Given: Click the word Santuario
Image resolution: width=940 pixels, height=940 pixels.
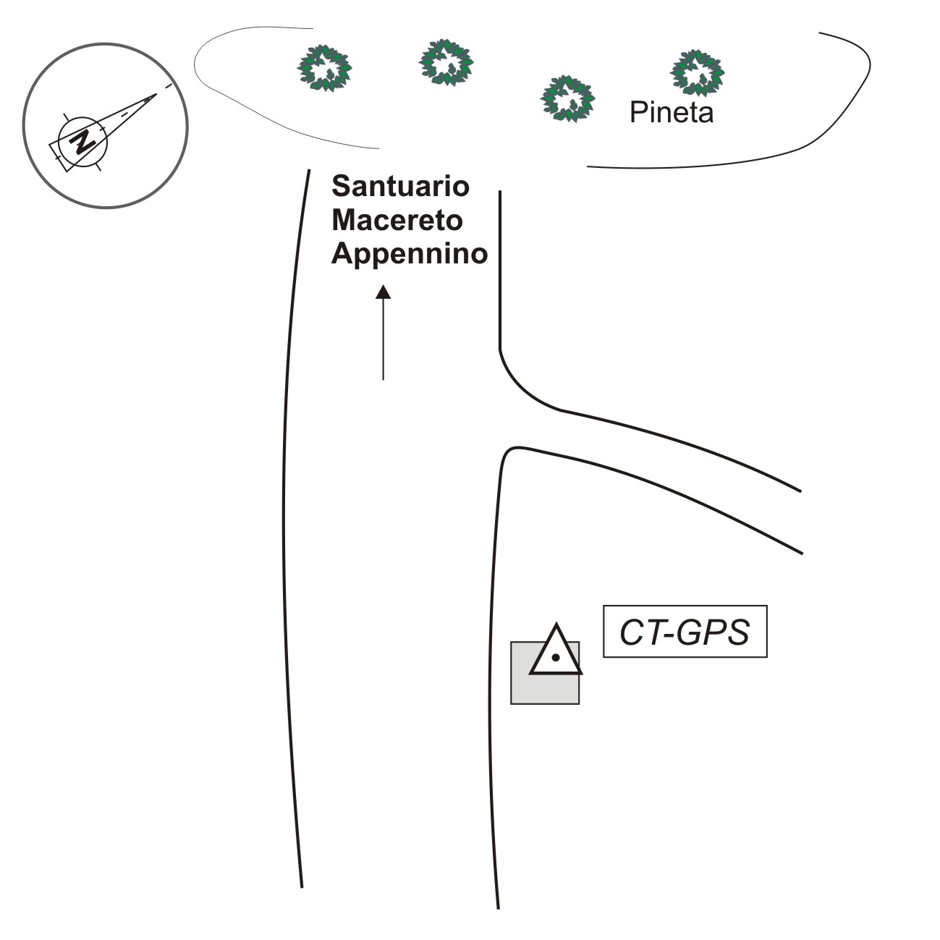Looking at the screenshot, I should click(400, 187).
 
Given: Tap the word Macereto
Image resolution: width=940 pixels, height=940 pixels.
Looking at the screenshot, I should click(397, 220).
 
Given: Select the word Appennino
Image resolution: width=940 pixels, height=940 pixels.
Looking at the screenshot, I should click(410, 254).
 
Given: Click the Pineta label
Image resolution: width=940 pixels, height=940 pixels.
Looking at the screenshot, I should click(672, 113).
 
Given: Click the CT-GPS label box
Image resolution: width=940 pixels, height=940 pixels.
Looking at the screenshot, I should click(685, 632).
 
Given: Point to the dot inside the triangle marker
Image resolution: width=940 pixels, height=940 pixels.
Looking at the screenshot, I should click(555, 658).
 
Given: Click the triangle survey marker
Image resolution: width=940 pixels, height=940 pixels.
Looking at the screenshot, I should click(556, 651).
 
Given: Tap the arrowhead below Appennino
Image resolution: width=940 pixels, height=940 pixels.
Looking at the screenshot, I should click(383, 292).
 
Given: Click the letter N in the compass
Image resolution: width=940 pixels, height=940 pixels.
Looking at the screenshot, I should click(83, 140).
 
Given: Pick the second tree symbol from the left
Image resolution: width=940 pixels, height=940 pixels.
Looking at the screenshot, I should click(446, 62).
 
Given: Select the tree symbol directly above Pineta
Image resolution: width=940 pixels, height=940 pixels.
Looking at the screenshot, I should click(698, 72).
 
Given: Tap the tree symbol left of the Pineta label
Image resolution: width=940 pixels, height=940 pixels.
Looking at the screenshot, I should click(568, 98).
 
